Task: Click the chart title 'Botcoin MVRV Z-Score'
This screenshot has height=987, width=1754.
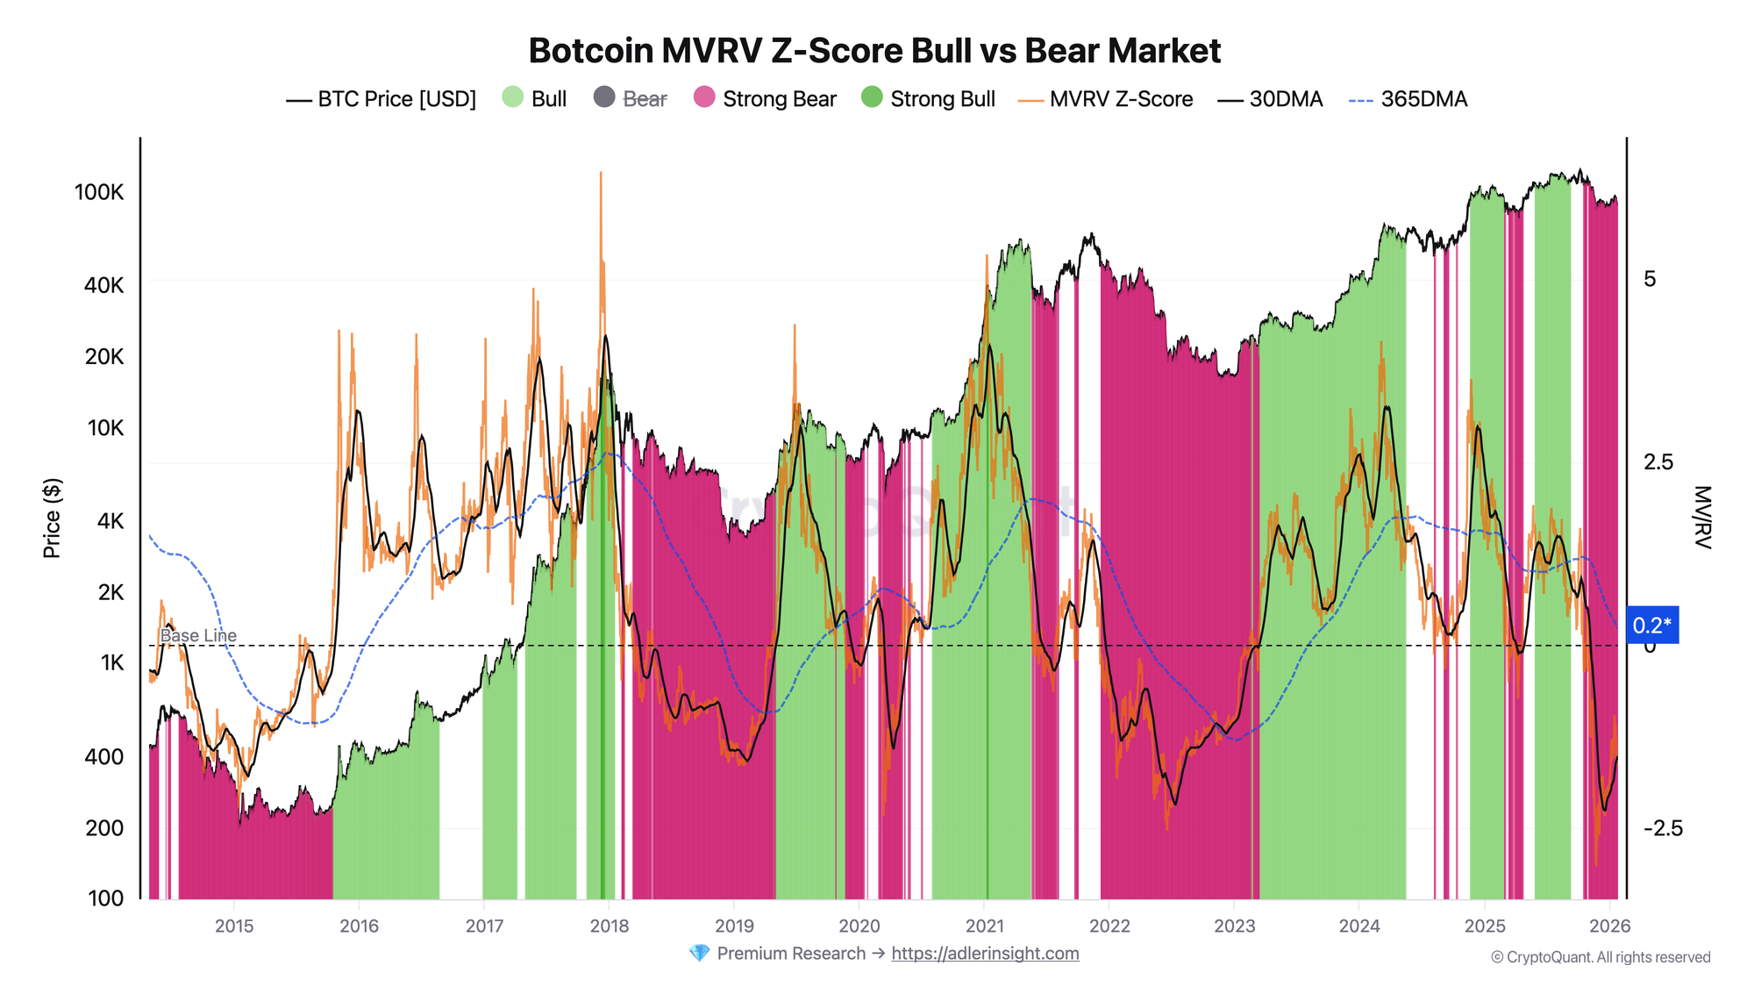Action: tap(874, 51)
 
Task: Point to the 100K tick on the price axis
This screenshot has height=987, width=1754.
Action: tap(99, 192)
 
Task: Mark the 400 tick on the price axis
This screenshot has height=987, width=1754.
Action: tap(103, 756)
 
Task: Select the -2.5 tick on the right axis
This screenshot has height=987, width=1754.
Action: tap(1663, 828)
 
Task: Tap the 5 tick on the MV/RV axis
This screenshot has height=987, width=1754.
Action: tap(1650, 279)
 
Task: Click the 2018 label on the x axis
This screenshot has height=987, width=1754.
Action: tap(610, 926)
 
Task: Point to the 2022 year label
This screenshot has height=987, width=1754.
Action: tap(1109, 926)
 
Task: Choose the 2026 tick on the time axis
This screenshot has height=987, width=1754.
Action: tap(1609, 926)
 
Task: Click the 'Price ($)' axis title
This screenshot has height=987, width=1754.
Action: tap(53, 519)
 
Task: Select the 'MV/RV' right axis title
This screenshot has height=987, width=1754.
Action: tap(1701, 518)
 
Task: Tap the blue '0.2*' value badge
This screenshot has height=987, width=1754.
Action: tap(1652, 626)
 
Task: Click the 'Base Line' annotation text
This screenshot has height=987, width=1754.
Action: tap(198, 635)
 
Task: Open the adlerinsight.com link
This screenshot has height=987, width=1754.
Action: tap(985, 954)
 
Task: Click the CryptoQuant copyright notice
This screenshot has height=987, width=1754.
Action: tap(1601, 957)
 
